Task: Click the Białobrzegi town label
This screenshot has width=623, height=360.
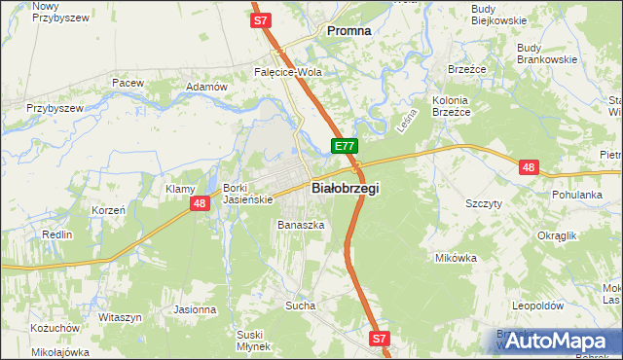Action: click(x=345, y=188)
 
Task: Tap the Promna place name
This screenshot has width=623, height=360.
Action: click(x=348, y=31)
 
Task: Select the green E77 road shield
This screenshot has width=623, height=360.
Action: click(x=344, y=146)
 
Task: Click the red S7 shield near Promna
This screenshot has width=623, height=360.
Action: click(x=259, y=19)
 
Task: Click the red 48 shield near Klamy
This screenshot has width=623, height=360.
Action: click(x=199, y=202)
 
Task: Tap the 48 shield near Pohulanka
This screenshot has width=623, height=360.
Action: click(x=528, y=167)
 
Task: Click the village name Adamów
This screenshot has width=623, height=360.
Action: click(x=205, y=88)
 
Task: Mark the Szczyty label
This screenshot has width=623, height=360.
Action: click(x=484, y=203)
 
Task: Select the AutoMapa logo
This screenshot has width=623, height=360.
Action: click(x=554, y=341)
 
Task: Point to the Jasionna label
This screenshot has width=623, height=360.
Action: click(x=195, y=309)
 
